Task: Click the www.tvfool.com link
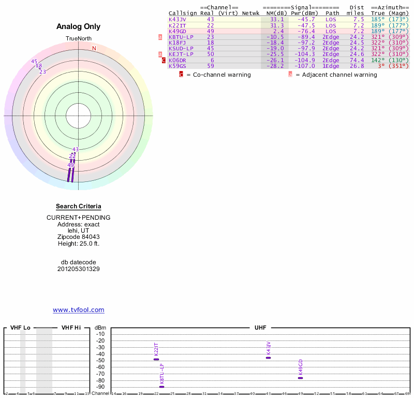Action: tap(79, 310)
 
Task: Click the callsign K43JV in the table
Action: tap(178, 19)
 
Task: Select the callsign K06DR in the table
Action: tap(178, 60)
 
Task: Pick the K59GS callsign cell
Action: tap(178, 66)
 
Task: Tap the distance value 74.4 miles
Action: tap(357, 60)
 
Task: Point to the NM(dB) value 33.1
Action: tap(277, 19)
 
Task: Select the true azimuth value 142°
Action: tap(377, 60)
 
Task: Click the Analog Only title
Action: tap(79, 26)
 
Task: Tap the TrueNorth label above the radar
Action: tap(79, 39)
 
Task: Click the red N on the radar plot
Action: tap(94, 49)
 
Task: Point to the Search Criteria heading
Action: tap(79, 206)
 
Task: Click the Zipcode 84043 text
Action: tap(79, 237)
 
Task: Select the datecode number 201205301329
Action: tap(79, 269)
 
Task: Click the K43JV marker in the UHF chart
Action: tap(268, 358)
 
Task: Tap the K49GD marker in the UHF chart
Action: tap(300, 378)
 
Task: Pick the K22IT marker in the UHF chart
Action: tap(156, 359)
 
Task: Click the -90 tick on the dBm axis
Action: tap(100, 387)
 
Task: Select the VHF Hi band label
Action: tap(71, 328)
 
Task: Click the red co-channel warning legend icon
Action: tap(181, 75)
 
